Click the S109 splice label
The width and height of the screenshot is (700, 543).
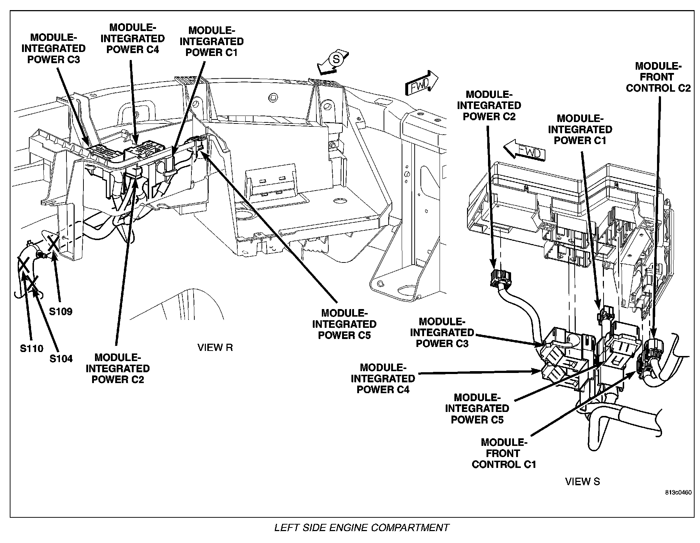pos(61,311)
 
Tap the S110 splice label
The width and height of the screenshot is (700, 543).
pos(31,348)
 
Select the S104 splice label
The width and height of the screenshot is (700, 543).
pos(61,359)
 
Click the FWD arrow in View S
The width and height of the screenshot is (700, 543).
pos(525,151)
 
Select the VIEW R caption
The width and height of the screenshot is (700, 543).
pos(215,348)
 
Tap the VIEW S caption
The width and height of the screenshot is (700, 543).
pos(582,481)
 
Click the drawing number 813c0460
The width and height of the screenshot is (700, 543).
pos(679,492)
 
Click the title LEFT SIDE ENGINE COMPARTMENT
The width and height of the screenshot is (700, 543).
pos(361,527)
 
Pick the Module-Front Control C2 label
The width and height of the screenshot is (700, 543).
pos(658,77)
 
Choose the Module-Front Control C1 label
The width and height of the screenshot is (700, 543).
pos(504,453)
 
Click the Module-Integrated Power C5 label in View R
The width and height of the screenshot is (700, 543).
pos(344,324)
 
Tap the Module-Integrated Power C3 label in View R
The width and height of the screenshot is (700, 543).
pos(53,48)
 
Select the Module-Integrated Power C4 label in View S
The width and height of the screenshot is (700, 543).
pos(383,378)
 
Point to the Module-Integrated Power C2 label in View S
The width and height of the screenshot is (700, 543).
pos(489,105)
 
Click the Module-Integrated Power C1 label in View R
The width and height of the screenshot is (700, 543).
pos(212,42)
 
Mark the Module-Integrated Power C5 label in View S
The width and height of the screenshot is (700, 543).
pos(477,408)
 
